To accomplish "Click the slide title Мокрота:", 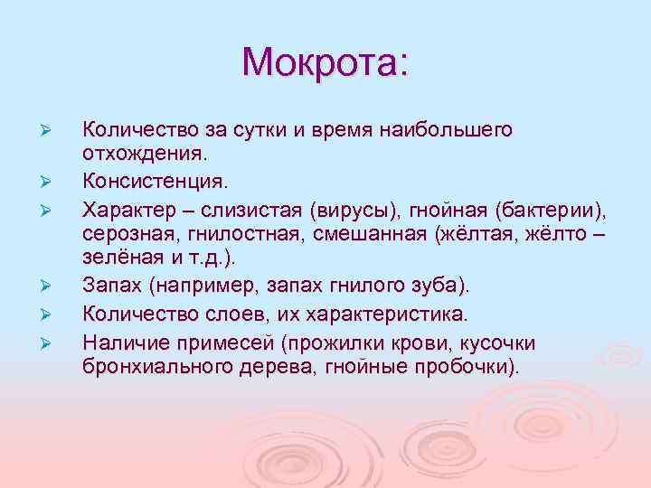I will (325, 61).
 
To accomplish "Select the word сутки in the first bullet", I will (256, 130).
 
